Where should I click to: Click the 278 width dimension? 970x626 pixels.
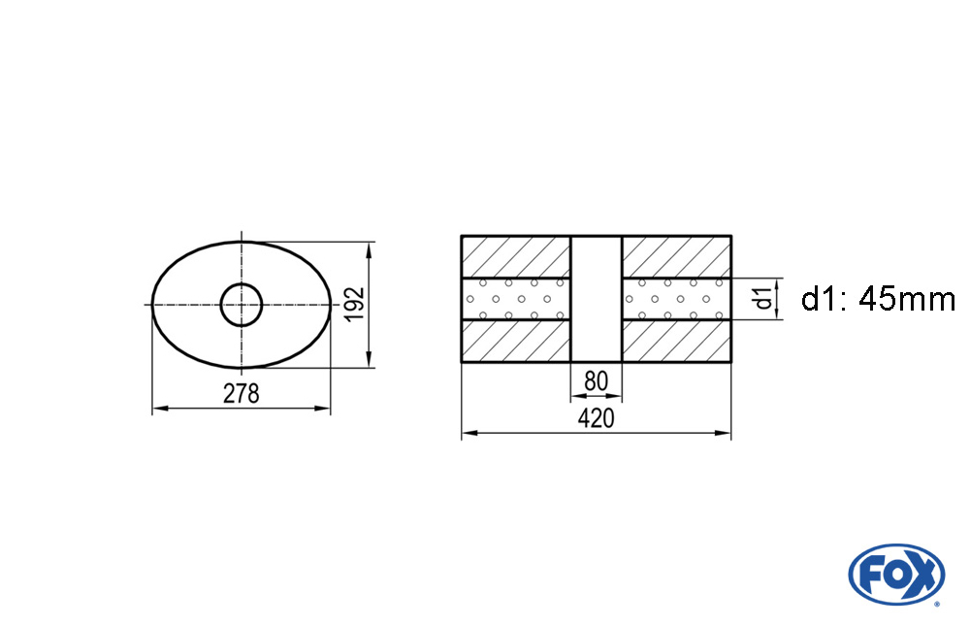click(x=242, y=394)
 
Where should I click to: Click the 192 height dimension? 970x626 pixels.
click(x=354, y=304)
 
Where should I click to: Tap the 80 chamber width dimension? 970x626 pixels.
click(x=596, y=381)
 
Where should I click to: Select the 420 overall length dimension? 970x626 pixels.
click(x=596, y=419)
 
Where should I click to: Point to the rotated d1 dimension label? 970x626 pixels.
click(x=764, y=298)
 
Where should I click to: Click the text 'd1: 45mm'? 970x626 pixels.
click(x=878, y=299)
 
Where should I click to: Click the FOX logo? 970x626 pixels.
click(x=895, y=574)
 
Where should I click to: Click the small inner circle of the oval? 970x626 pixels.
click(x=242, y=305)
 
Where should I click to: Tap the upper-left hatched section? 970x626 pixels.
click(x=515, y=256)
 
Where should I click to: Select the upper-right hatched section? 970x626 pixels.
click(x=676, y=256)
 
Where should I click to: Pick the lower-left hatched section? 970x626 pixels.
click(x=515, y=342)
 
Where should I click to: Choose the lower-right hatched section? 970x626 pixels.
click(x=676, y=342)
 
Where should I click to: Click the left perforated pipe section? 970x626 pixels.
click(x=515, y=298)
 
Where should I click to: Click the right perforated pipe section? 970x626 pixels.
click(x=676, y=298)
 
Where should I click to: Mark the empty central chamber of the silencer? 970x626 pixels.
click(x=596, y=299)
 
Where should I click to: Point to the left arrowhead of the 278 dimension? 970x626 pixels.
click(x=158, y=410)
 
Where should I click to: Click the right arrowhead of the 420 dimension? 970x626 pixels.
click(x=725, y=433)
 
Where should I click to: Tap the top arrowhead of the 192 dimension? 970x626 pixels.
click(x=369, y=248)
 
